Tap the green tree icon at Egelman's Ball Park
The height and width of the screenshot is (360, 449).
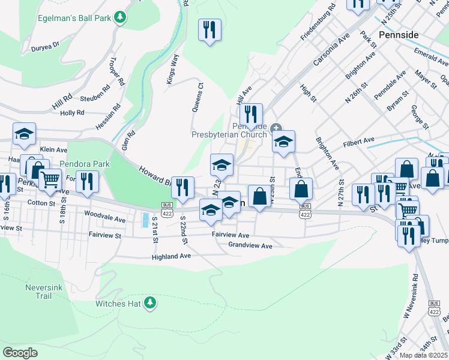pyautogui.click(x=120, y=17)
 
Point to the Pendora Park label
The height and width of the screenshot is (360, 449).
pyautogui.click(x=85, y=164)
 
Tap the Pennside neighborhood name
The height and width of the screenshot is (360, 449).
pyautogui.click(x=399, y=35)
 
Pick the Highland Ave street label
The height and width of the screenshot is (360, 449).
pyautogui.click(x=171, y=256)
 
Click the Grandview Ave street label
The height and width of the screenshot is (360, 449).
pyautogui.click(x=250, y=245)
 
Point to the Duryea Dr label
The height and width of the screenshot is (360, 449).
pyautogui.click(x=46, y=45)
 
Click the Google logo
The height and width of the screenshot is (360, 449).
pyautogui.click(x=20, y=352)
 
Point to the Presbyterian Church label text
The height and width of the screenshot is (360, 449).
pyautogui.click(x=229, y=135)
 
